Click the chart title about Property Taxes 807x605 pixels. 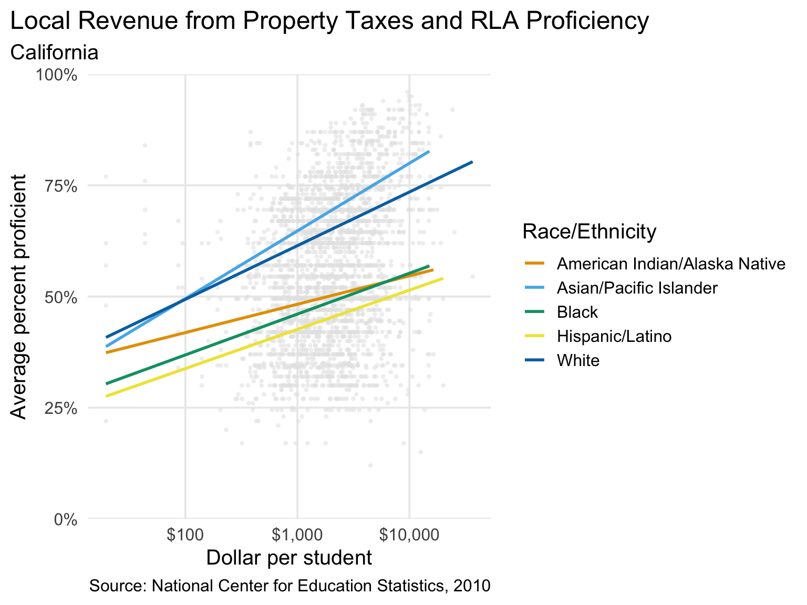(329, 22)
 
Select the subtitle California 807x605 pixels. (55, 53)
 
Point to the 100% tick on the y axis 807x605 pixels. (56, 75)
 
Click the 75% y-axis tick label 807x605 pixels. (60, 186)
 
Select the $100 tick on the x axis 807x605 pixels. (185, 536)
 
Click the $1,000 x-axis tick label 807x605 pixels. (297, 536)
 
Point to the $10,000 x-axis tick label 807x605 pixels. (409, 536)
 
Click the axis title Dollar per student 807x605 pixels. (289, 558)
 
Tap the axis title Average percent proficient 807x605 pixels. (19, 297)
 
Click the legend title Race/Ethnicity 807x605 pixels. (589, 231)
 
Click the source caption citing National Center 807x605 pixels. (290, 586)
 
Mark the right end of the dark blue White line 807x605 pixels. (472, 162)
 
